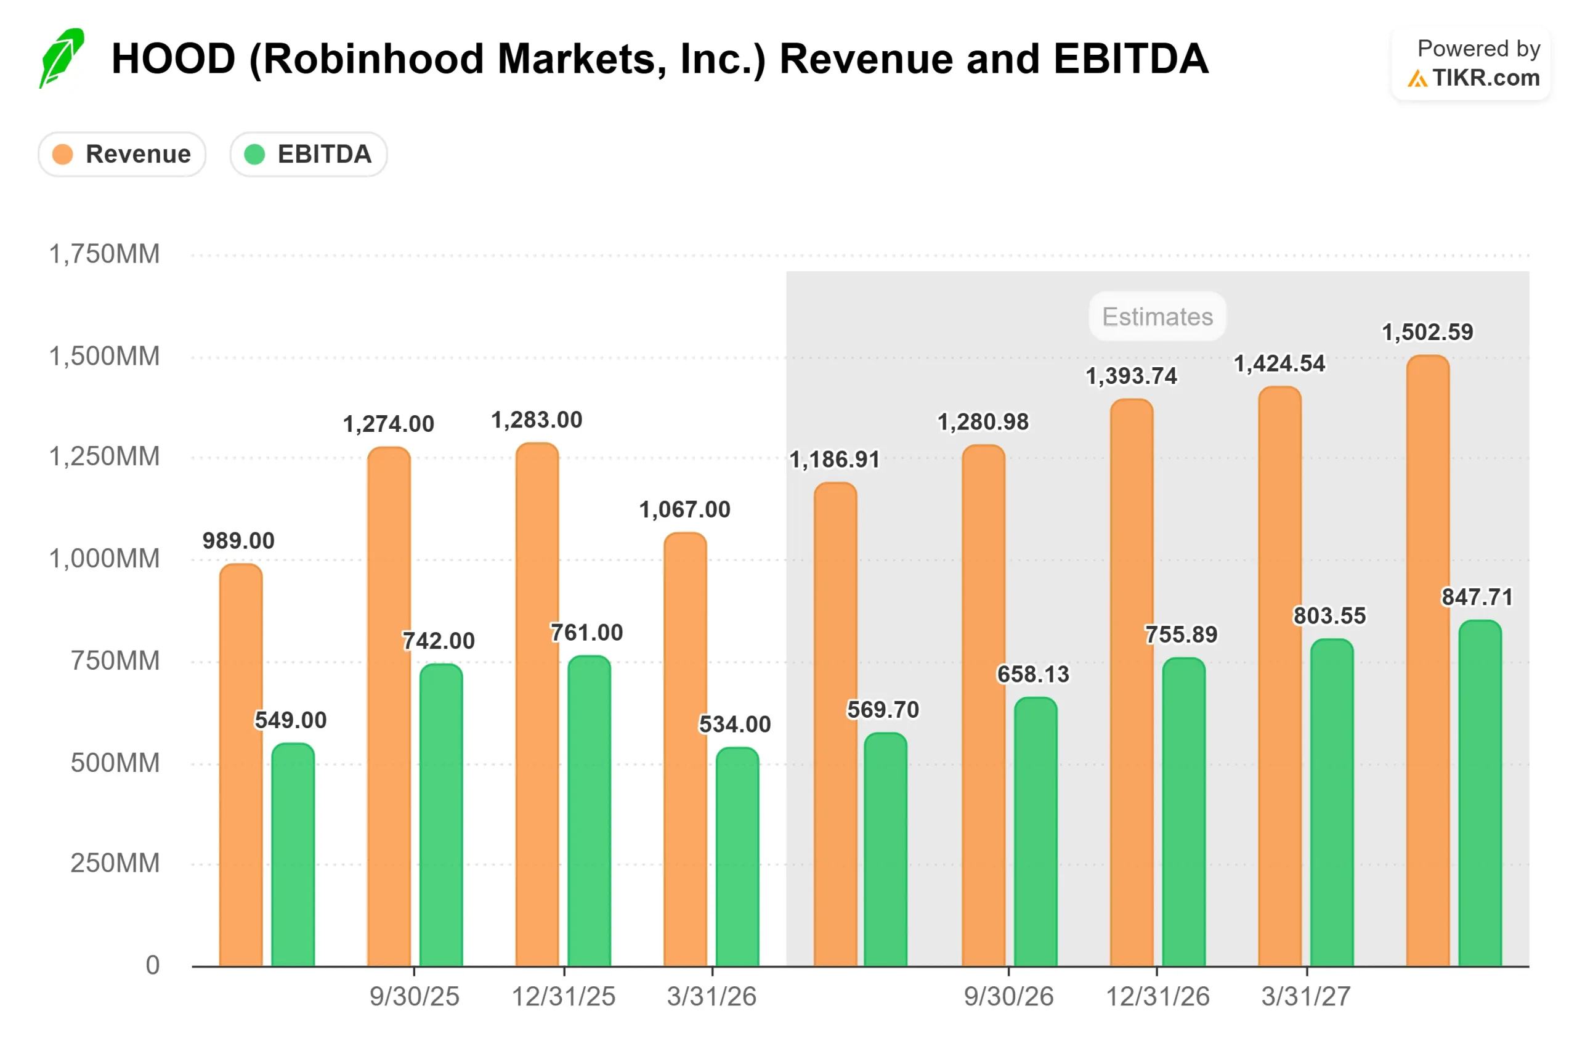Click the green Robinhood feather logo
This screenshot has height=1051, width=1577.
[x=61, y=59]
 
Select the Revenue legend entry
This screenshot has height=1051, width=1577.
[x=122, y=154]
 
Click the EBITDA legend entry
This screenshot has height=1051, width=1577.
[x=308, y=154]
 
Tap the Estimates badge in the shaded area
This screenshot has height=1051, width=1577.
[x=1157, y=317]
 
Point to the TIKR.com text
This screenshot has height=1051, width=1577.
[x=1486, y=78]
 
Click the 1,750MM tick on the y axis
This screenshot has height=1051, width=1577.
[x=105, y=254]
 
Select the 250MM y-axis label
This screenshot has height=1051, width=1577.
[x=115, y=863]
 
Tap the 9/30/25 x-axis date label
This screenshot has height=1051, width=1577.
[x=414, y=997]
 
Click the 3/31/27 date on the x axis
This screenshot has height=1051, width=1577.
[x=1305, y=997]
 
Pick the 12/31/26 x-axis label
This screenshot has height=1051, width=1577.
[x=1157, y=997]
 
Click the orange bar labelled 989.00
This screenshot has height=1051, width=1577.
[x=241, y=765]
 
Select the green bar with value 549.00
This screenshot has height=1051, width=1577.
[x=293, y=854]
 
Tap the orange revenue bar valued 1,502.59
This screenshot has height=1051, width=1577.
[x=1427, y=661]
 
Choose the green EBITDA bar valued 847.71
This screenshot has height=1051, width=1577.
[x=1480, y=793]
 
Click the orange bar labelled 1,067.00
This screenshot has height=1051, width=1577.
[x=685, y=749]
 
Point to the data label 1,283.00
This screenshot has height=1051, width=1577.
[x=537, y=420]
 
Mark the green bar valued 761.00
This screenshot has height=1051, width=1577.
[x=589, y=811]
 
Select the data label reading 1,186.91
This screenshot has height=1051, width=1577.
[x=835, y=460]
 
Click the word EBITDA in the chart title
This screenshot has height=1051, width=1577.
[x=1130, y=59]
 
